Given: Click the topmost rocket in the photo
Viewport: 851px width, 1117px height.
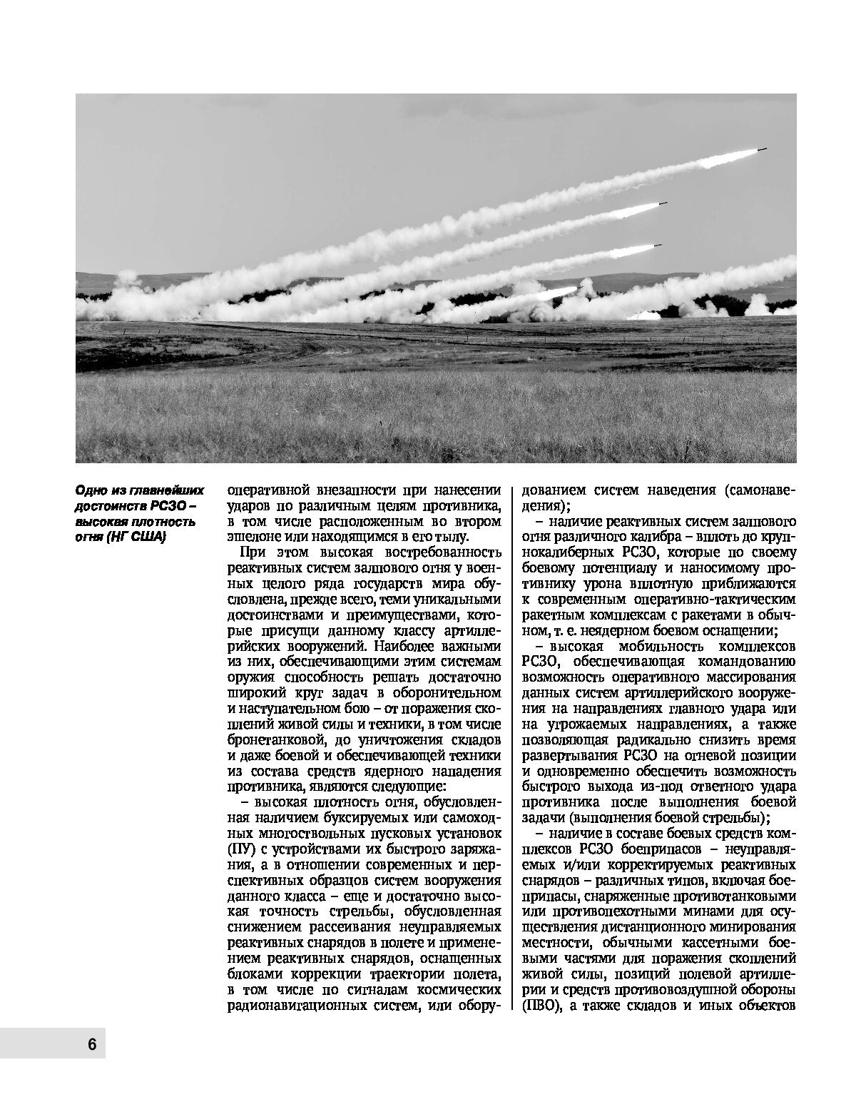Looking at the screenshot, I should pos(761,150).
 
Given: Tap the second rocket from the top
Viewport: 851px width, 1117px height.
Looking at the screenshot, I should pos(661,205).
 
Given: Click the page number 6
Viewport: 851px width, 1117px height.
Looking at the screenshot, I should pos(91,1044).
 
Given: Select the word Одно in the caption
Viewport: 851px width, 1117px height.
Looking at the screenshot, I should pos(91,491).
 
